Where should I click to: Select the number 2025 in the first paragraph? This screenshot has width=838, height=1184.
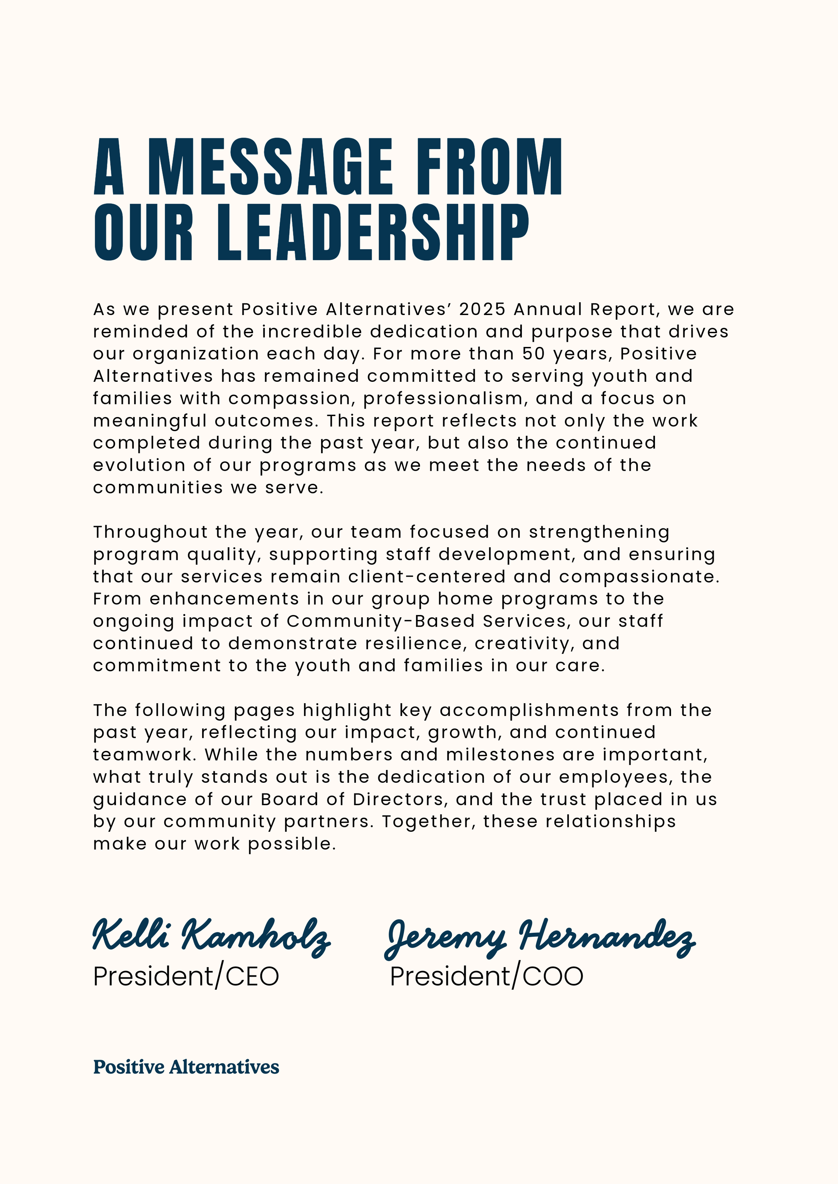click(482, 309)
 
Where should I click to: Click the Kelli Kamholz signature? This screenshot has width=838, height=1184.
click(212, 936)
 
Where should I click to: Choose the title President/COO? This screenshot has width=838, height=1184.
click(487, 976)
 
